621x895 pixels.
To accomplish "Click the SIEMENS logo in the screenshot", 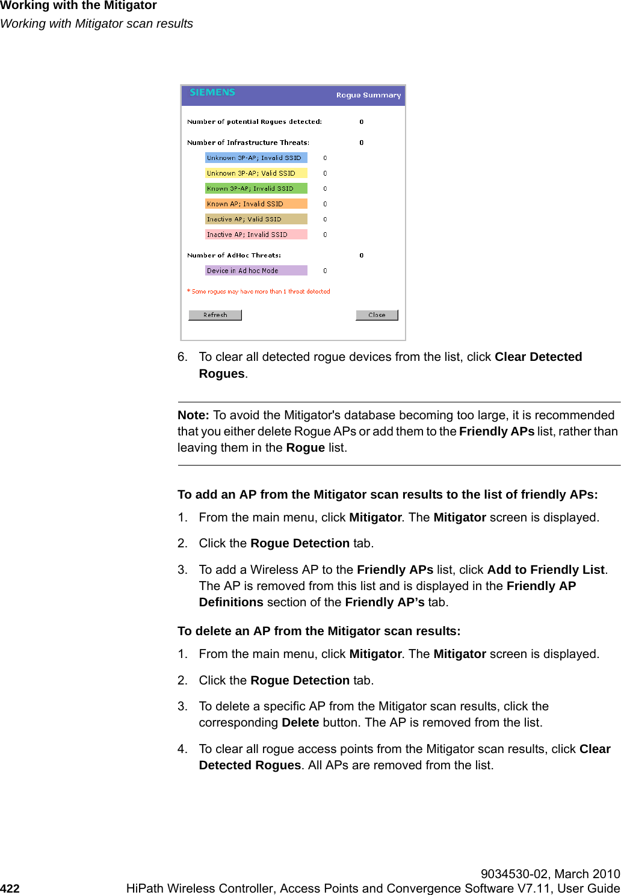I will [212, 93].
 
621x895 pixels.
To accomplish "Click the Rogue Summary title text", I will [368, 95].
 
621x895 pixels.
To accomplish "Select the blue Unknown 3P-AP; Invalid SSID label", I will [256, 158].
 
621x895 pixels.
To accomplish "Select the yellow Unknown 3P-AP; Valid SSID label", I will [256, 173].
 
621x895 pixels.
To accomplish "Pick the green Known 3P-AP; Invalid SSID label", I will [256, 189].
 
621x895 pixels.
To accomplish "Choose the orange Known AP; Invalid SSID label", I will [256, 204].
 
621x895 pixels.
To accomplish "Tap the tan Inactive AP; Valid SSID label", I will [256, 220].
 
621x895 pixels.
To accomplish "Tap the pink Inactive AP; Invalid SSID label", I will [256, 235].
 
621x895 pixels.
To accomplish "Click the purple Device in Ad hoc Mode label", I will [256, 271].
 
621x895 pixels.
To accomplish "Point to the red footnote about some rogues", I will [259, 292].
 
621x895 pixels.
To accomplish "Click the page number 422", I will [10, 888].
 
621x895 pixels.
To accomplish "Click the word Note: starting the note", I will [193, 415].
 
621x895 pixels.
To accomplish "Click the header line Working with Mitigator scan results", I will [97, 23].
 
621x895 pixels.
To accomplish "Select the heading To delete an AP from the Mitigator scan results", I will [319, 631].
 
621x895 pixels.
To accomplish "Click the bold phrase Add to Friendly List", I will [546, 570].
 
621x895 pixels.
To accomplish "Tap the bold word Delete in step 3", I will [300, 722].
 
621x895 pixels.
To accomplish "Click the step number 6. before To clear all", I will [182, 357].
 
